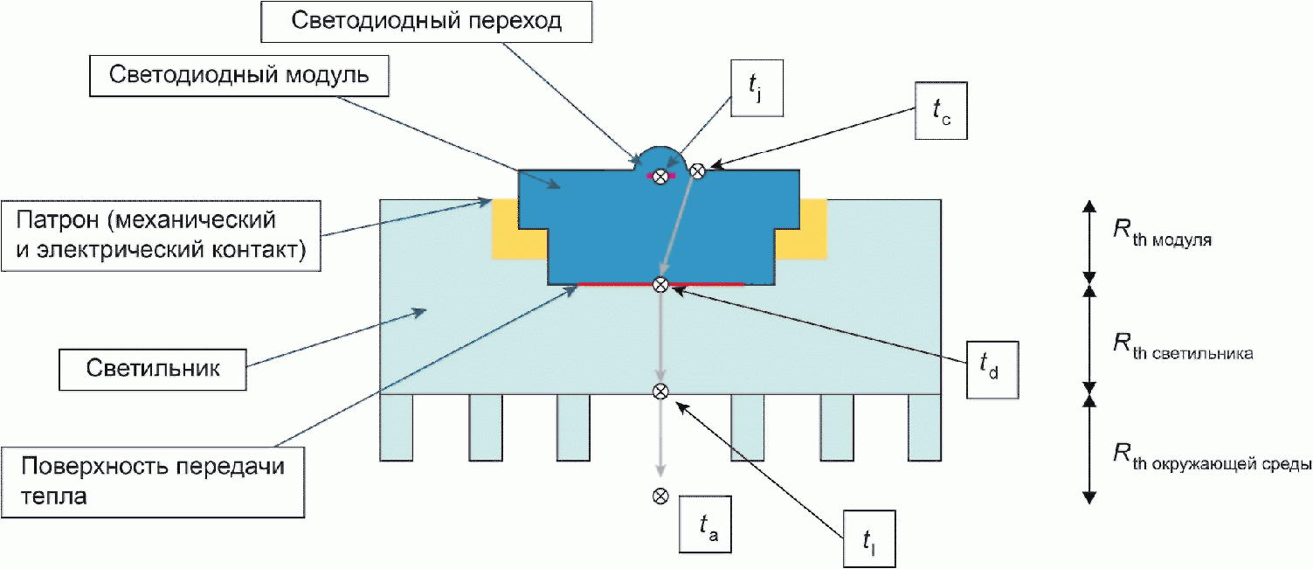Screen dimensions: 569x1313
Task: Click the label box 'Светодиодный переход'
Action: (x=427, y=21)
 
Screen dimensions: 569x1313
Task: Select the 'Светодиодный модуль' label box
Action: (x=239, y=74)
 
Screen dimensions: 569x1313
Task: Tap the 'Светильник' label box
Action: (x=153, y=369)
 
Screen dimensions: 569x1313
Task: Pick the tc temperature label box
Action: (x=939, y=111)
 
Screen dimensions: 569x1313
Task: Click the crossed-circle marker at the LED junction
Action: (x=661, y=177)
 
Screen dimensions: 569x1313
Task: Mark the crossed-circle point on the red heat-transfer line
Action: (x=661, y=284)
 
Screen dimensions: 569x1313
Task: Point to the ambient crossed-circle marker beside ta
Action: (x=660, y=496)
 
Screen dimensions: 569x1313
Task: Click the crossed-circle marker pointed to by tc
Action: (x=697, y=171)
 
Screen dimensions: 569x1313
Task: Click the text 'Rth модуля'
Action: (x=1162, y=233)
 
